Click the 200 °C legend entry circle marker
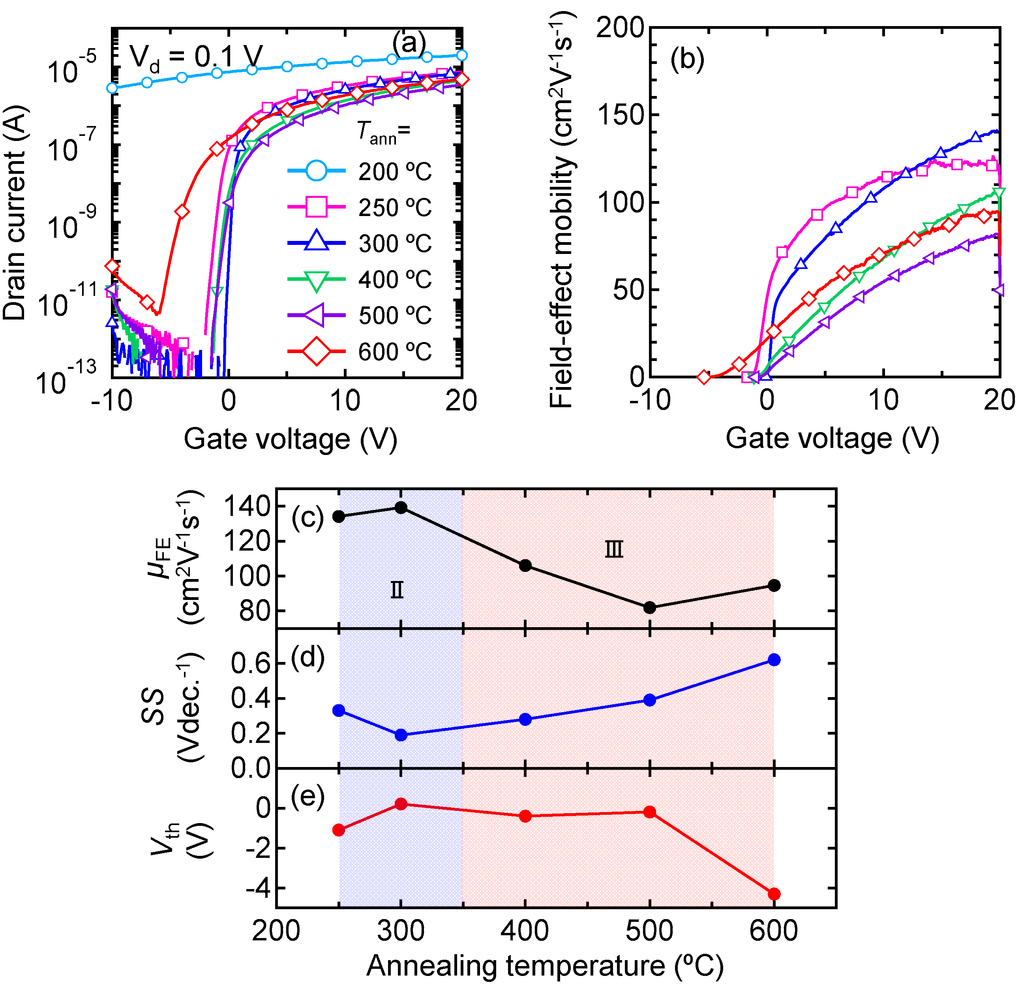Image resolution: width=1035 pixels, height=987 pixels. click(316, 171)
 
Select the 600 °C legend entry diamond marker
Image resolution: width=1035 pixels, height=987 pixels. click(316, 352)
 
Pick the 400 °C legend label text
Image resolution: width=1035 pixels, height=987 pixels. click(394, 279)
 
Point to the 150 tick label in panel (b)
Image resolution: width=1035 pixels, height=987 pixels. click(620, 115)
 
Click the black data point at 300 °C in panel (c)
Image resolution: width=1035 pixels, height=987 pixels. click(401, 508)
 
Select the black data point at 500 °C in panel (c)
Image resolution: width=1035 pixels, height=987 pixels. click(649, 608)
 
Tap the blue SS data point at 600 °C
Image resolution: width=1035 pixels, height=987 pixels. click(774, 660)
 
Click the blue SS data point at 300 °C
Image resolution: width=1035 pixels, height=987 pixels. click(401, 735)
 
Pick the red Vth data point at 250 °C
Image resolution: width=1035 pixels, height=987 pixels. click(339, 830)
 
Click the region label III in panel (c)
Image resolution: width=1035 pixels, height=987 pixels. click(614, 550)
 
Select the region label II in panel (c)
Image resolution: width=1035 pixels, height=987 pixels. click(397, 590)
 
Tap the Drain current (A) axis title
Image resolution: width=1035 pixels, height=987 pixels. click(15, 212)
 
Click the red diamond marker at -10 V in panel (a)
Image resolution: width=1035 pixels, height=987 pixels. click(111, 266)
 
